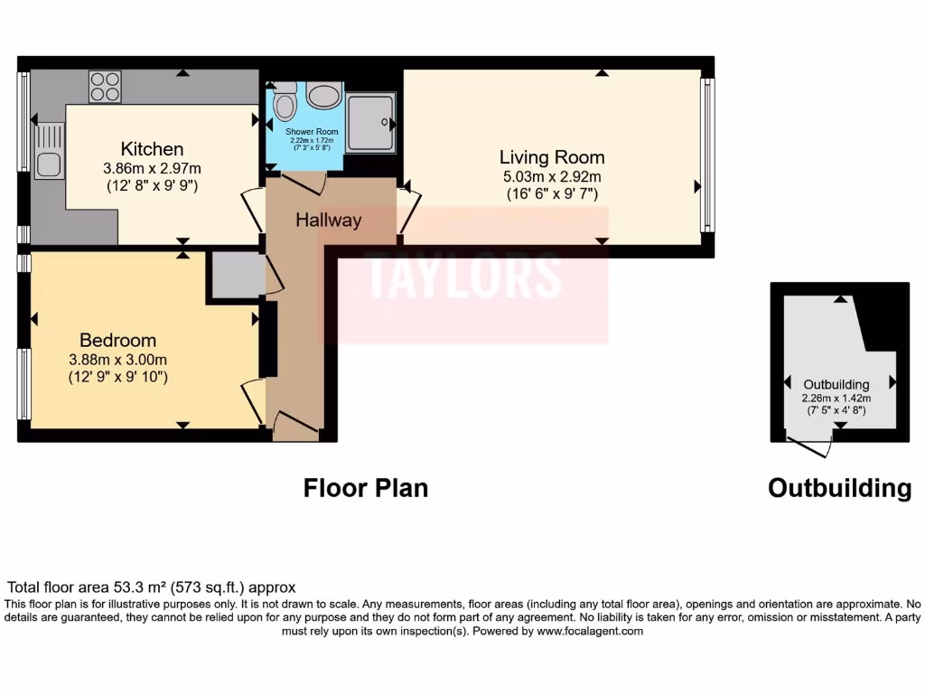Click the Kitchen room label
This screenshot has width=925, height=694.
tap(153, 149)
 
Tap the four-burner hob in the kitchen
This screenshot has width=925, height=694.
tap(105, 87)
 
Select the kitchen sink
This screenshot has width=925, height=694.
tap(49, 164)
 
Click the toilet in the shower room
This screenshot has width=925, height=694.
tap(285, 105)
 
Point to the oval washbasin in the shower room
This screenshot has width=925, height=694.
tap(322, 94)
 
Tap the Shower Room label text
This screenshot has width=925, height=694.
tap(312, 132)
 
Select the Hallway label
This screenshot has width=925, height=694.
tap(329, 220)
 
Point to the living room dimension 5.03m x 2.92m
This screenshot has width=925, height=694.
tap(552, 177)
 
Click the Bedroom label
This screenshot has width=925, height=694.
tap(117, 341)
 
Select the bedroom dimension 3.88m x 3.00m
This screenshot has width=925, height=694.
tap(117, 359)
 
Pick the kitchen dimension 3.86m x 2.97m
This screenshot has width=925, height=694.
tap(152, 168)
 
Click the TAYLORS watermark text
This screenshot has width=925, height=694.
tap(464, 276)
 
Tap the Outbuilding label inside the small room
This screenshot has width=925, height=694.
tap(836, 385)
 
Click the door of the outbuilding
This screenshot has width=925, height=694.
tap(810, 445)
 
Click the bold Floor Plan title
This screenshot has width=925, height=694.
tap(365, 489)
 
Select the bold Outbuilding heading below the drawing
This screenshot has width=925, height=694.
tap(839, 489)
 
